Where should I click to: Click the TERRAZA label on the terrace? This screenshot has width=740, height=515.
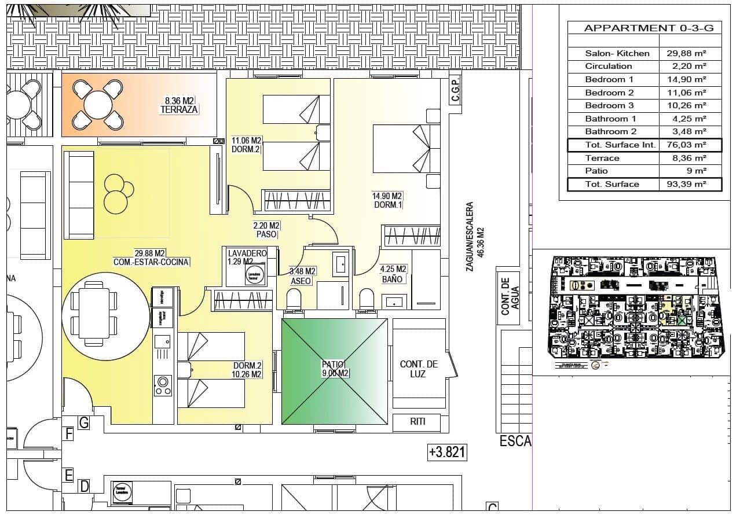[x=179, y=109]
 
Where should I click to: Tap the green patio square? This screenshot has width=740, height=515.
[x=334, y=371]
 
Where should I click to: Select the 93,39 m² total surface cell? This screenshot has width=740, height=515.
[x=690, y=184]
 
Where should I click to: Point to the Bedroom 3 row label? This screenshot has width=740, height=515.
[x=609, y=105]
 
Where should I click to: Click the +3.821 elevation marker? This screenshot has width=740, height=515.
[x=446, y=453]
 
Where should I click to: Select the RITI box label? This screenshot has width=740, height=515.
[x=417, y=422]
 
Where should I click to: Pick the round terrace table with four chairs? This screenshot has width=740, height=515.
[x=97, y=105]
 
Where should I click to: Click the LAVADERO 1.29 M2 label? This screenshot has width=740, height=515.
[x=247, y=257]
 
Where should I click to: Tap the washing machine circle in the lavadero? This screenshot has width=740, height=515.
[x=253, y=275]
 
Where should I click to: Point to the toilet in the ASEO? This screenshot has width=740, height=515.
[x=295, y=300]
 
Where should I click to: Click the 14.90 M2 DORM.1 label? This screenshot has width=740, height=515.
[x=387, y=200]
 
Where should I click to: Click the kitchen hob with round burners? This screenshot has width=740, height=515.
[x=163, y=385]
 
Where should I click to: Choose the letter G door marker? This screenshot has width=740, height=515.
[x=84, y=424]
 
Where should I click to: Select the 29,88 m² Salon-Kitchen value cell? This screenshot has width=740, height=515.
[x=690, y=53]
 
